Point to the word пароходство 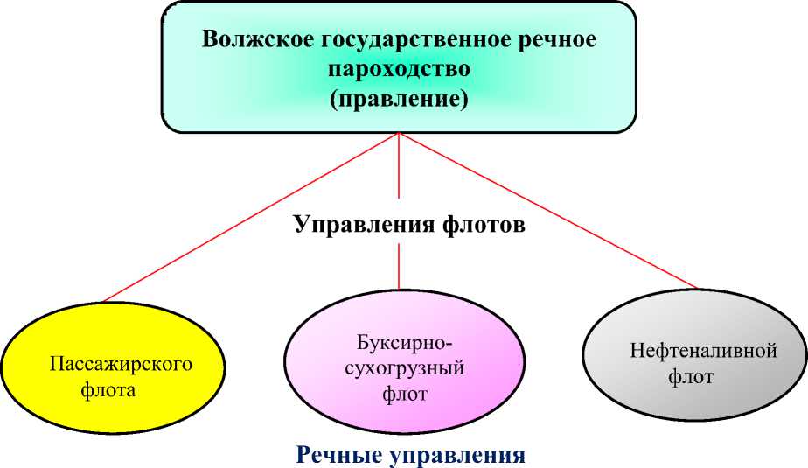[x=399, y=69]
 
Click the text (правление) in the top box [x=399, y=99]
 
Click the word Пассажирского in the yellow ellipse [x=120, y=364]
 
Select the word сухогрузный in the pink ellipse [x=405, y=367]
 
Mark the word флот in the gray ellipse [x=691, y=378]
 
